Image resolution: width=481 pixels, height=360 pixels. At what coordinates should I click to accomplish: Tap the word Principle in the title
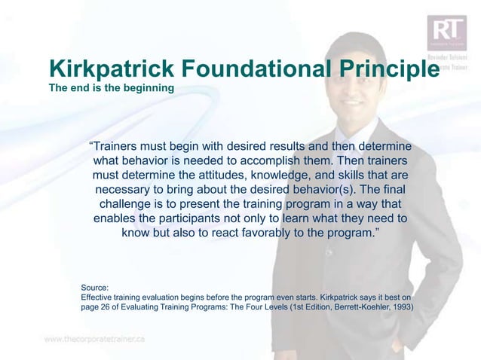(384, 69)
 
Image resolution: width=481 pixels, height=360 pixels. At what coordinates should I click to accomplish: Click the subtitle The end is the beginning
(111, 89)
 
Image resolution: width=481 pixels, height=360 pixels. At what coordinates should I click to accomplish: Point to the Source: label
(95, 287)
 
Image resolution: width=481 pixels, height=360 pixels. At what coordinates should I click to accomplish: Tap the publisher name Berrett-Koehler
(357, 307)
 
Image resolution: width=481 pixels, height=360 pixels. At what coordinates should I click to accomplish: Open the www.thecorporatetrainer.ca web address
(95, 339)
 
